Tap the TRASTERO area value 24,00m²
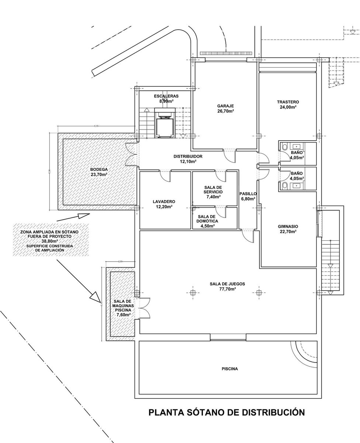pos(288,107)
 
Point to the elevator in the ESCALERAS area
pos(164,124)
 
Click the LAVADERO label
pos(164,202)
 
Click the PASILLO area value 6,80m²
pos(247,199)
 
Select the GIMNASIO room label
pos(288,226)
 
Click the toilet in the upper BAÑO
pos(284,147)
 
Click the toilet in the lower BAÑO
pos(284,185)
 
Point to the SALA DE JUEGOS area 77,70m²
pos(227,289)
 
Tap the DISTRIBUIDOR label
pos(188,156)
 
